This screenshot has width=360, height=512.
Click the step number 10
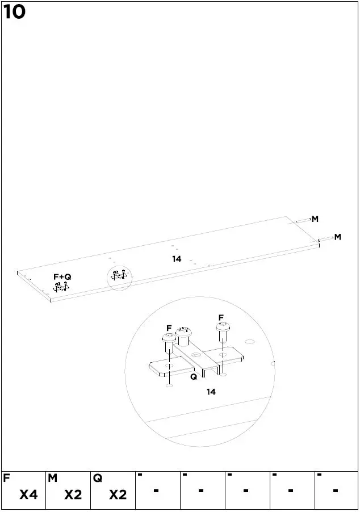pos(15,12)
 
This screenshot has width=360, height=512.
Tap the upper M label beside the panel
pos(315,219)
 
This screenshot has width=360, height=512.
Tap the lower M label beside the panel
pos(337,237)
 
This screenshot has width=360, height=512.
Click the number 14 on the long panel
pos(177,259)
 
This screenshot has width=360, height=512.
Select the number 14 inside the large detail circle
pos(211,392)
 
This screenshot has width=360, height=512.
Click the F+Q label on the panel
pos(62,276)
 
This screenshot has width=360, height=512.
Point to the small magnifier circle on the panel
pos(119,277)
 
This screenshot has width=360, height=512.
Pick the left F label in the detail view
pos(169,328)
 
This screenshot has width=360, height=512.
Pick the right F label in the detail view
pos(221,317)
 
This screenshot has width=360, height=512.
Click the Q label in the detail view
pos(193,376)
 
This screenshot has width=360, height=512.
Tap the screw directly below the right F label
pos(222,332)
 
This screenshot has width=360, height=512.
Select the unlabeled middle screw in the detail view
pos(183,337)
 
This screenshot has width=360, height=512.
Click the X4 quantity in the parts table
pos(28,495)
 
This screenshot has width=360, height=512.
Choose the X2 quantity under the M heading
pos(73,495)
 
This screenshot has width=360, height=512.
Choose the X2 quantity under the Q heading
pos(118,495)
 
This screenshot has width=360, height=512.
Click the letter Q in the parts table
pos(98,479)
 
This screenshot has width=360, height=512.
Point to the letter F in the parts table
pos(6,479)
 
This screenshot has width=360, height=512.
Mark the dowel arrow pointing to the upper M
pos(303,220)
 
